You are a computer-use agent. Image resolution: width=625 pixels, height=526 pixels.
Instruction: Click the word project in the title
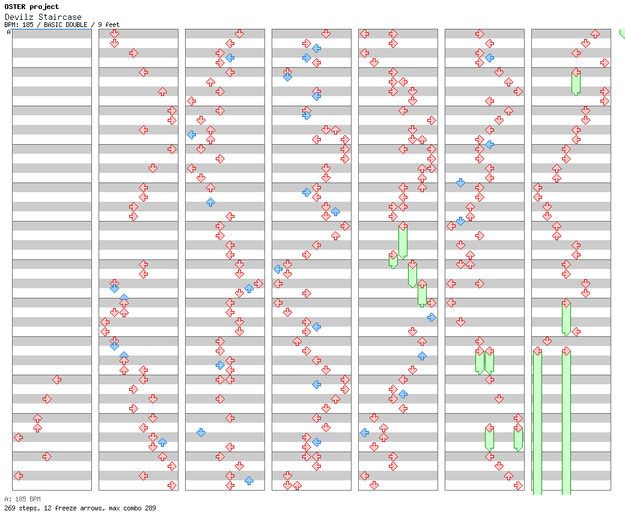(44, 7)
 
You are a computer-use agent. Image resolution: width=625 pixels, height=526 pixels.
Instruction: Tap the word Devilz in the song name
(17, 17)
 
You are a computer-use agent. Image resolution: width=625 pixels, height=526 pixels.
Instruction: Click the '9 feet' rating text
(109, 25)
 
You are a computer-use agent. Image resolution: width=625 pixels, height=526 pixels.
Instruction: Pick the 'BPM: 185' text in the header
(19, 25)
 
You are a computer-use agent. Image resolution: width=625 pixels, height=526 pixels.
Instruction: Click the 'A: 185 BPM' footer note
(22, 499)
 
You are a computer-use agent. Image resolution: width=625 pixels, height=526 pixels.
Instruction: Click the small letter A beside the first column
(8, 32)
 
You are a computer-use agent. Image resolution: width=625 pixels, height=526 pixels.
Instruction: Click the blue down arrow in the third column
(201, 432)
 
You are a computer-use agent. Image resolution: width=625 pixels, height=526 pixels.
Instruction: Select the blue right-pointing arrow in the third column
(220, 365)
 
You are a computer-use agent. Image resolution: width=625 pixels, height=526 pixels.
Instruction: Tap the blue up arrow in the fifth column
(422, 355)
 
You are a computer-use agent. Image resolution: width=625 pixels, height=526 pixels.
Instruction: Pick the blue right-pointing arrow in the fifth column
(431, 317)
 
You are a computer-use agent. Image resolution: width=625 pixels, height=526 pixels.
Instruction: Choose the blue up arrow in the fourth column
(335, 211)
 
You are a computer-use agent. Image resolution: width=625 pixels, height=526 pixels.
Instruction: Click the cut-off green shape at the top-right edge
(622, 34)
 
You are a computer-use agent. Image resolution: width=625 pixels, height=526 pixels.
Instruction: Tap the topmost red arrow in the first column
(56, 379)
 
